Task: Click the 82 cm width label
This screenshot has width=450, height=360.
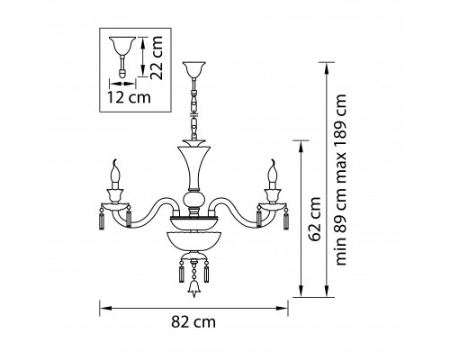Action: pyautogui.click(x=193, y=322)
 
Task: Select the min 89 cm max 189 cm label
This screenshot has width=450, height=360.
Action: pyautogui.click(x=340, y=180)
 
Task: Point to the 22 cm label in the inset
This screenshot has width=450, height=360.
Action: pyautogui.click(x=157, y=58)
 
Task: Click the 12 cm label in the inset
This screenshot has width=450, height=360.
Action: pyautogui.click(x=129, y=97)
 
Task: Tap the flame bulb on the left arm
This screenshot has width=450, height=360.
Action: pyautogui.click(x=115, y=174)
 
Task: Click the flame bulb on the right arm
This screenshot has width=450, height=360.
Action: pyautogui.click(x=273, y=174)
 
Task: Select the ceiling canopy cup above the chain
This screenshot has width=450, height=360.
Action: pyautogui.click(x=194, y=69)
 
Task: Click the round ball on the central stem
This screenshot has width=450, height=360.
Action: pyautogui.click(x=194, y=199)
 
